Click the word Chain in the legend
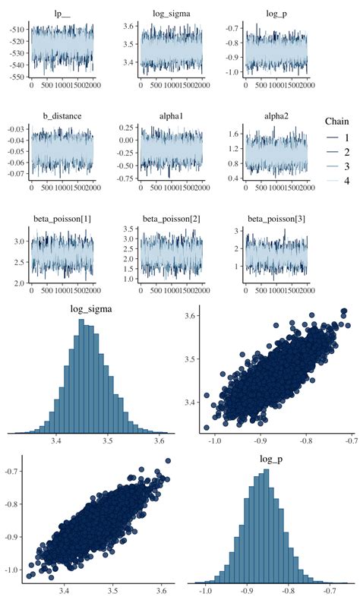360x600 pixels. pos(338,122)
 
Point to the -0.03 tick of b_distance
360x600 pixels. pos(13,129)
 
